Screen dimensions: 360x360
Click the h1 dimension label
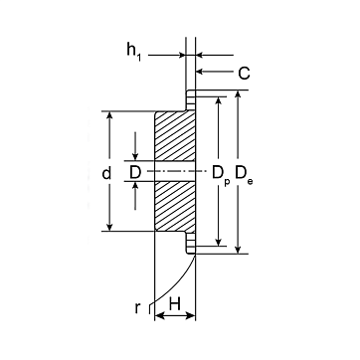[134, 52]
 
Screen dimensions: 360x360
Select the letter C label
[244, 74]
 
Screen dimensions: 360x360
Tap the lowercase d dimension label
[106, 173]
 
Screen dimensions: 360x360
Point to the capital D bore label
[135, 173]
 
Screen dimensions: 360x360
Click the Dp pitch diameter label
[221, 175]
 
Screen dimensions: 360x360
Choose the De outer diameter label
[244, 174]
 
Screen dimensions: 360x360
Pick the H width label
[175, 304]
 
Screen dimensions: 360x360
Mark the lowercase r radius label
[137, 308]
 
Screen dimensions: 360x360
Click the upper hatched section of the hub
[175, 136]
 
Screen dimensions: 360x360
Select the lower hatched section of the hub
[175, 206]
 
